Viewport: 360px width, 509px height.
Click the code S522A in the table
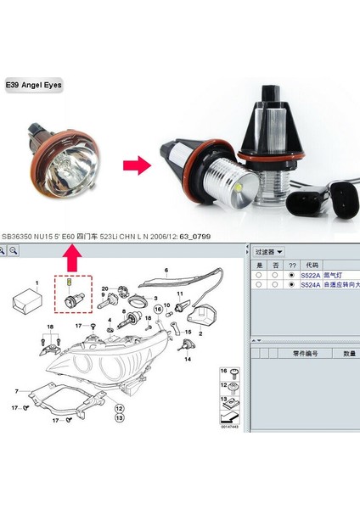tap(309, 275)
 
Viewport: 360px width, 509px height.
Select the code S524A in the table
tap(309, 286)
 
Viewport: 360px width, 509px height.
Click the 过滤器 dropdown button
tap(269, 252)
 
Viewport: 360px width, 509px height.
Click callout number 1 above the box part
tap(37, 281)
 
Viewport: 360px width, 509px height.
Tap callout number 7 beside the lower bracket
tap(17, 390)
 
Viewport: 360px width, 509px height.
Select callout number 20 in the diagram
tap(104, 289)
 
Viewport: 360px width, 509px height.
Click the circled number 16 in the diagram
tap(224, 372)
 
